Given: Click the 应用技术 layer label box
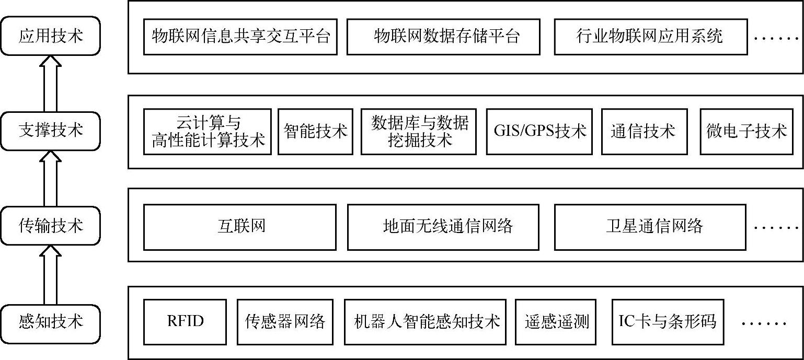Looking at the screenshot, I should (50, 36).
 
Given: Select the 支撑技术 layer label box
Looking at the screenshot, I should (50, 131).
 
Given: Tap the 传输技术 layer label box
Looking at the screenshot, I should (50, 226).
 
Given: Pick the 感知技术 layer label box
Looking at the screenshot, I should (50, 321).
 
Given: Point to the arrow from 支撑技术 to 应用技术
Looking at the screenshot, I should (50, 84).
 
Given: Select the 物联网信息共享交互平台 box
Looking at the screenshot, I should (240, 37).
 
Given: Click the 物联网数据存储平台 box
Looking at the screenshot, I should (443, 37).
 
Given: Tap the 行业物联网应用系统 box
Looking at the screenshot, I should (650, 37).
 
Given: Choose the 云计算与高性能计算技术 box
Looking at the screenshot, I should (208, 132).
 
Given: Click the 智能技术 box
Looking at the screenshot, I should (315, 132).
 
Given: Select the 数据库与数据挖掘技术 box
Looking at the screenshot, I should (418, 132).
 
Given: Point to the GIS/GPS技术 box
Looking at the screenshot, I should (539, 132).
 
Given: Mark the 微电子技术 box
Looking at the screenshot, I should (746, 132).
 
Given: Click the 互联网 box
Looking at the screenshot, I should (240, 227).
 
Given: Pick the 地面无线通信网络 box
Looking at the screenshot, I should (443, 227).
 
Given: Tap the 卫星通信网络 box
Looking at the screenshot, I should (650, 227).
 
